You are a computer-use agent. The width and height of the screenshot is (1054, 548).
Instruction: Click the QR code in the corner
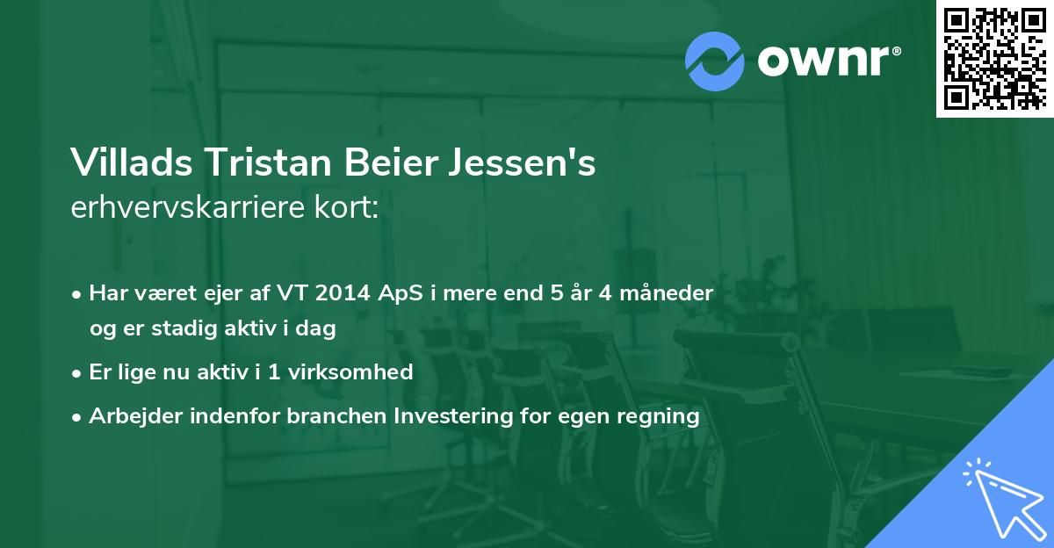coord(994,58)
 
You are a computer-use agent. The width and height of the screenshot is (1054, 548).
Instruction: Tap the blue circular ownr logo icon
coord(713,61)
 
